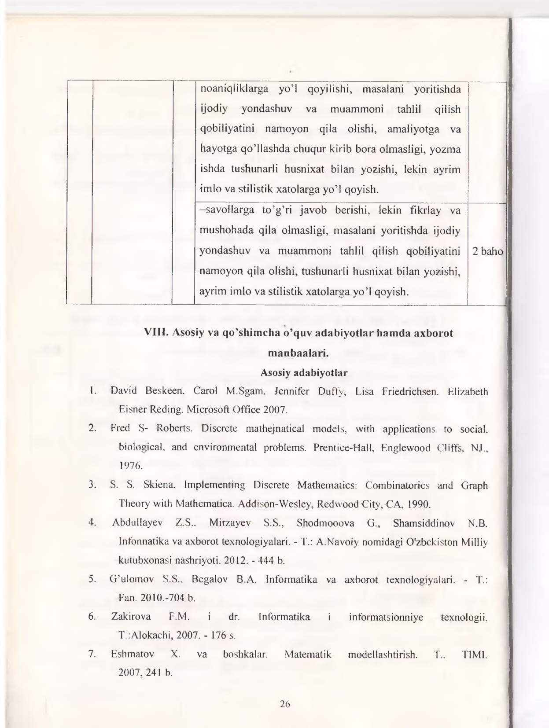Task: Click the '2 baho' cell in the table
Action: tap(487, 251)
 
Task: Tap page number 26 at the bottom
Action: tap(285, 704)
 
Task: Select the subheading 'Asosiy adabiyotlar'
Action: tap(304, 373)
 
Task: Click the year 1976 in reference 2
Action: tap(131, 466)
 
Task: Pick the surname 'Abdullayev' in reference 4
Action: tap(137, 523)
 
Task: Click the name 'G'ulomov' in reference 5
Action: tap(130, 579)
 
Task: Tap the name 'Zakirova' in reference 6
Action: tap(131, 617)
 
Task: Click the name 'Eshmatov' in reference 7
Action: tap(133, 654)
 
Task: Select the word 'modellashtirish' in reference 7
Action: tap(382, 654)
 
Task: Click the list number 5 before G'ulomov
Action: tap(92, 579)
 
